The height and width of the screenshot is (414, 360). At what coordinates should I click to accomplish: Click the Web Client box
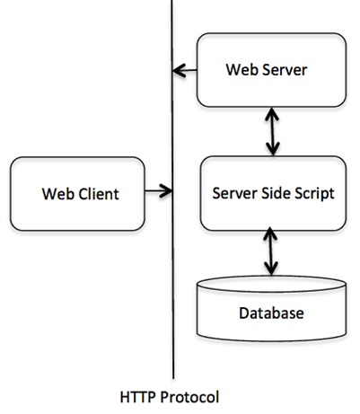tap(81, 191)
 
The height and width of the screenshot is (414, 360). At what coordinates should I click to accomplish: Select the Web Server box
tap(271, 68)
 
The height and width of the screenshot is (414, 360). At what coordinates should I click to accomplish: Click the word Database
tap(271, 313)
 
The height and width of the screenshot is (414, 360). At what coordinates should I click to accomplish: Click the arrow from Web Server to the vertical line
tap(186, 69)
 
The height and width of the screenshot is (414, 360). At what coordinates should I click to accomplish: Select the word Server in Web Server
tap(286, 69)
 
